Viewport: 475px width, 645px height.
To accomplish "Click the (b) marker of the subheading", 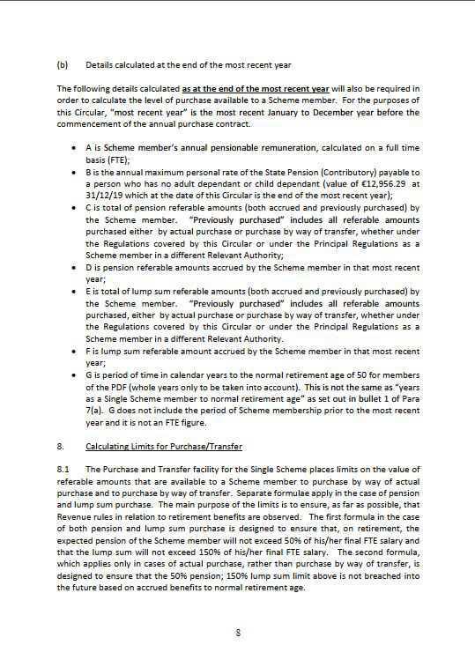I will (x=63, y=65).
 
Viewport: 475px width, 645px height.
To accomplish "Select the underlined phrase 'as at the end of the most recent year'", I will (x=256, y=89).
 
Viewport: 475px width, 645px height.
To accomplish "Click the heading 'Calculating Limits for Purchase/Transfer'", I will (x=163, y=446).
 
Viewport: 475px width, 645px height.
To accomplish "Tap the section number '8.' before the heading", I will (x=60, y=446).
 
